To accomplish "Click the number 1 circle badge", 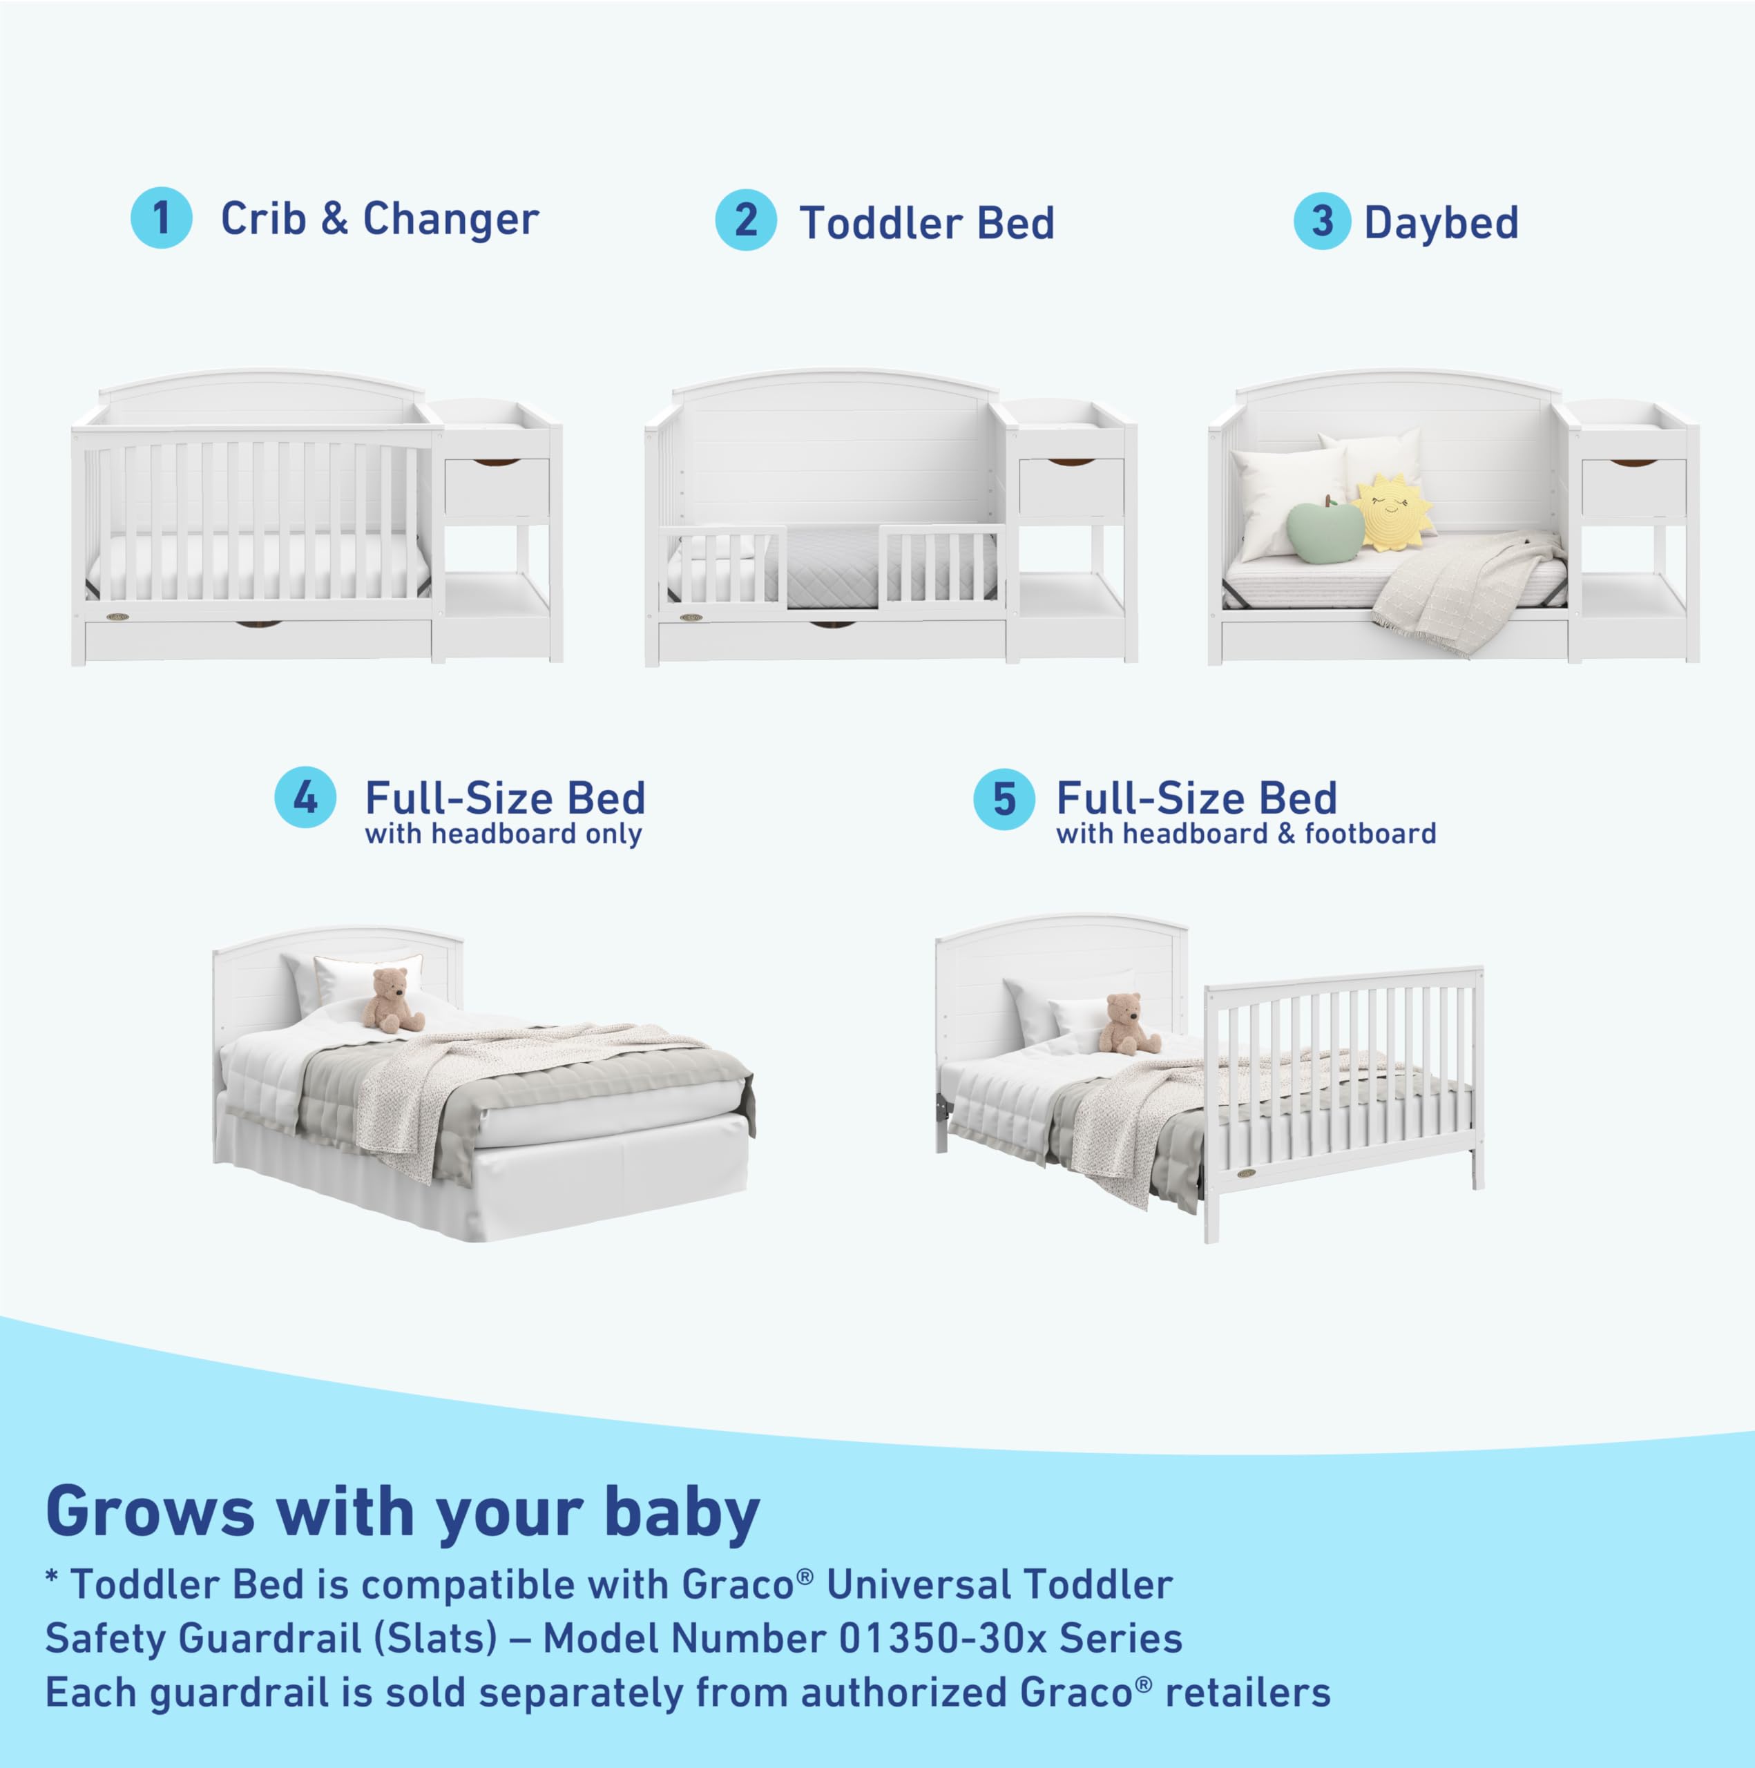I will click(161, 218).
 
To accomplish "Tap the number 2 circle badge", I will click(746, 220).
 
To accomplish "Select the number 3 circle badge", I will click(1321, 222).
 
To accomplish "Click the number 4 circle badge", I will click(305, 797).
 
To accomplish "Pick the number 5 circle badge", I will click(1004, 799).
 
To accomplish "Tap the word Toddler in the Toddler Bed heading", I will click(879, 223).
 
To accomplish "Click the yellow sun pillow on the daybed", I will click(1392, 512).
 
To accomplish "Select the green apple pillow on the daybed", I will click(1324, 530).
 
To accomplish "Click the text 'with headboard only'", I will click(504, 834).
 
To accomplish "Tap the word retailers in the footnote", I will click(1247, 1693).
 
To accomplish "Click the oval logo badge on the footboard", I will click(1245, 1174).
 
